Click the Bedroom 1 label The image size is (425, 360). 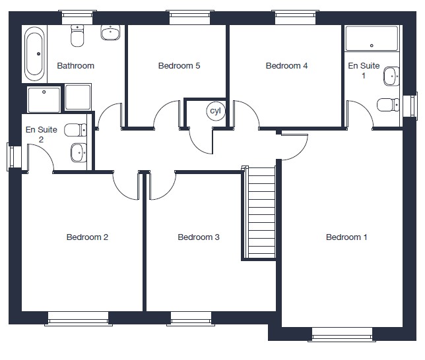point(346,237)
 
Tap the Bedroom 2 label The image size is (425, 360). point(87,237)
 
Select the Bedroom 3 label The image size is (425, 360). point(199,237)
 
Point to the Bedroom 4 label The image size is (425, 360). point(287,66)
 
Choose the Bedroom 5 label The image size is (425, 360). point(179,66)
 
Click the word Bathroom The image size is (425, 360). point(76,66)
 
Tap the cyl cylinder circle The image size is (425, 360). point(216,111)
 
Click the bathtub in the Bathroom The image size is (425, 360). point(34,54)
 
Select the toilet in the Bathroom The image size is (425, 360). point(77,36)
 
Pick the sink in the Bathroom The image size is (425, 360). point(111,32)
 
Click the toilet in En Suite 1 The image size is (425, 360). point(388,105)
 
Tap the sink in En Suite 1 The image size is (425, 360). point(391,76)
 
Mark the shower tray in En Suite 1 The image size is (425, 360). point(372,38)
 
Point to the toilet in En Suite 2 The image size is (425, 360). point(75,130)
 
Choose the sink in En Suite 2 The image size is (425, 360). point(79,153)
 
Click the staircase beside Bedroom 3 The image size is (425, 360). point(260,212)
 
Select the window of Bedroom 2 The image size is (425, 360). point(79,319)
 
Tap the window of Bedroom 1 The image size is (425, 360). point(342,335)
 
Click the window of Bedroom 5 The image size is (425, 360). point(190,18)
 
